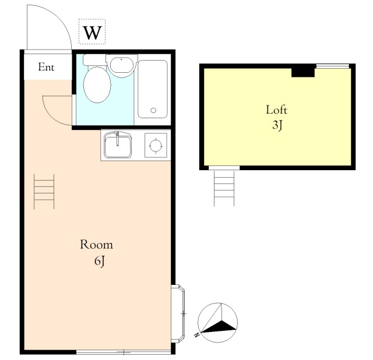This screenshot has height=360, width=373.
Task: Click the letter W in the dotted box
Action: pos(93,33)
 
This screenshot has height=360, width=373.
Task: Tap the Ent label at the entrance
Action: pos(47,67)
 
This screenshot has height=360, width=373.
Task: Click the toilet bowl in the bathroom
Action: pos(97,84)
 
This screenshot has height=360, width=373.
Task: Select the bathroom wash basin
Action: pos(122,66)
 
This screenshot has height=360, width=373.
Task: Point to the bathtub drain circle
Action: pos(153,110)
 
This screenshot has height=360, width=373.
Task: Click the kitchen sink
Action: pos(118,145)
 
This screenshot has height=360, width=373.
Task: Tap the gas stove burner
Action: pos(156,145)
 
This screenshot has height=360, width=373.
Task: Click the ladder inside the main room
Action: pos(44,192)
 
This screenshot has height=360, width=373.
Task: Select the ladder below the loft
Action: pos(224,188)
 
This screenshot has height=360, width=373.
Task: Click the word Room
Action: pos(96,245)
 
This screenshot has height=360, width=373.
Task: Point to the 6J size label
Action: pos(100,262)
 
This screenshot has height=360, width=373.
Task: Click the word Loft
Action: pos(276,110)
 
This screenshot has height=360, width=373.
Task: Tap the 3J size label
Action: pos(277,125)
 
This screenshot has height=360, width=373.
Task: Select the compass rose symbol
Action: pos(217,323)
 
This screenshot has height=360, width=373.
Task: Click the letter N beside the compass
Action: pos(196,335)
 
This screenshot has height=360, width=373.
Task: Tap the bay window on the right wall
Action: pos(178,313)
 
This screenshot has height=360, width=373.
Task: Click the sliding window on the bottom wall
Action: pos(124,352)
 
